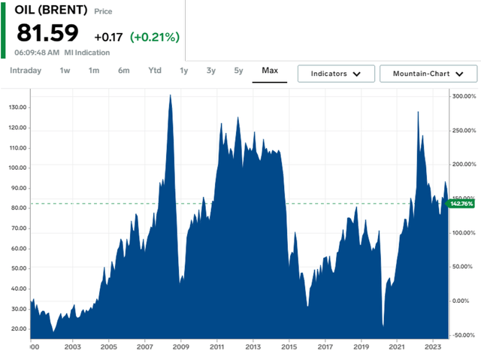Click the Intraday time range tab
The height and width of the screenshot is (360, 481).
[x=26, y=71]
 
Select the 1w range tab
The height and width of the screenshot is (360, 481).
[x=65, y=71]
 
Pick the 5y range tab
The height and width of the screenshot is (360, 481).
[x=238, y=71]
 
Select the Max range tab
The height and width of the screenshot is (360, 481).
[x=270, y=71]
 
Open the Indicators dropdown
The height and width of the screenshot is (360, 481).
[x=335, y=74]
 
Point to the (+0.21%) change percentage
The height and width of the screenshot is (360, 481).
[x=155, y=37]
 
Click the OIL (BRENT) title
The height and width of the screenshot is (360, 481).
[x=51, y=11]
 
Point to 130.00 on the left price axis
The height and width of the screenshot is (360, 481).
[x=16, y=107]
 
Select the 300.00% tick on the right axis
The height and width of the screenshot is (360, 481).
[x=462, y=96]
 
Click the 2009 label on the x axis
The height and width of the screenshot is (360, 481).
[x=181, y=347]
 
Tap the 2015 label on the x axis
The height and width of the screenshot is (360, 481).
[x=289, y=347]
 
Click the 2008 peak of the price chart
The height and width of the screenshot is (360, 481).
[x=171, y=95]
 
